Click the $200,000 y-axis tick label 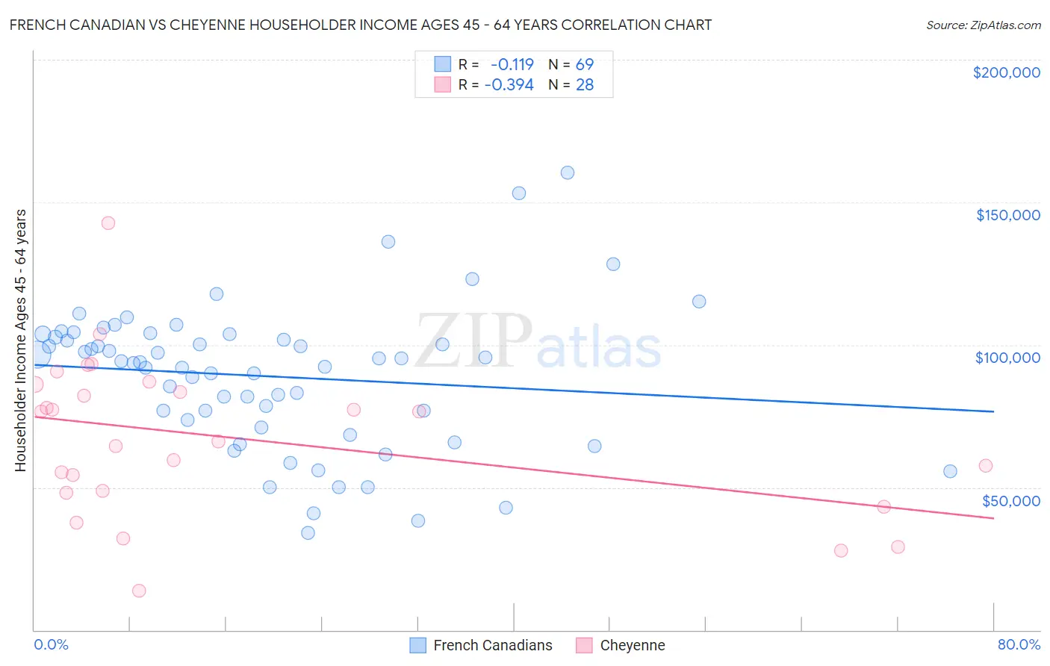1006,72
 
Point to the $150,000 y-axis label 1007,215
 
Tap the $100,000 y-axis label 1007,358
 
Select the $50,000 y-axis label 1010,500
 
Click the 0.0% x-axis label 51,644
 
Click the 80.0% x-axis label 1019,644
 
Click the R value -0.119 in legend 512,64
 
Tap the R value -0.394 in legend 509,85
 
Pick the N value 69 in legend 584,64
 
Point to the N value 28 584,85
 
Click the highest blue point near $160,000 568,172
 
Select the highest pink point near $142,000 108,222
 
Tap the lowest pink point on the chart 139,591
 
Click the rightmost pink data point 986,466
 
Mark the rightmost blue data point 950,471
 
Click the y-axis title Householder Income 20,340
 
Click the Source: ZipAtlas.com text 983,25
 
